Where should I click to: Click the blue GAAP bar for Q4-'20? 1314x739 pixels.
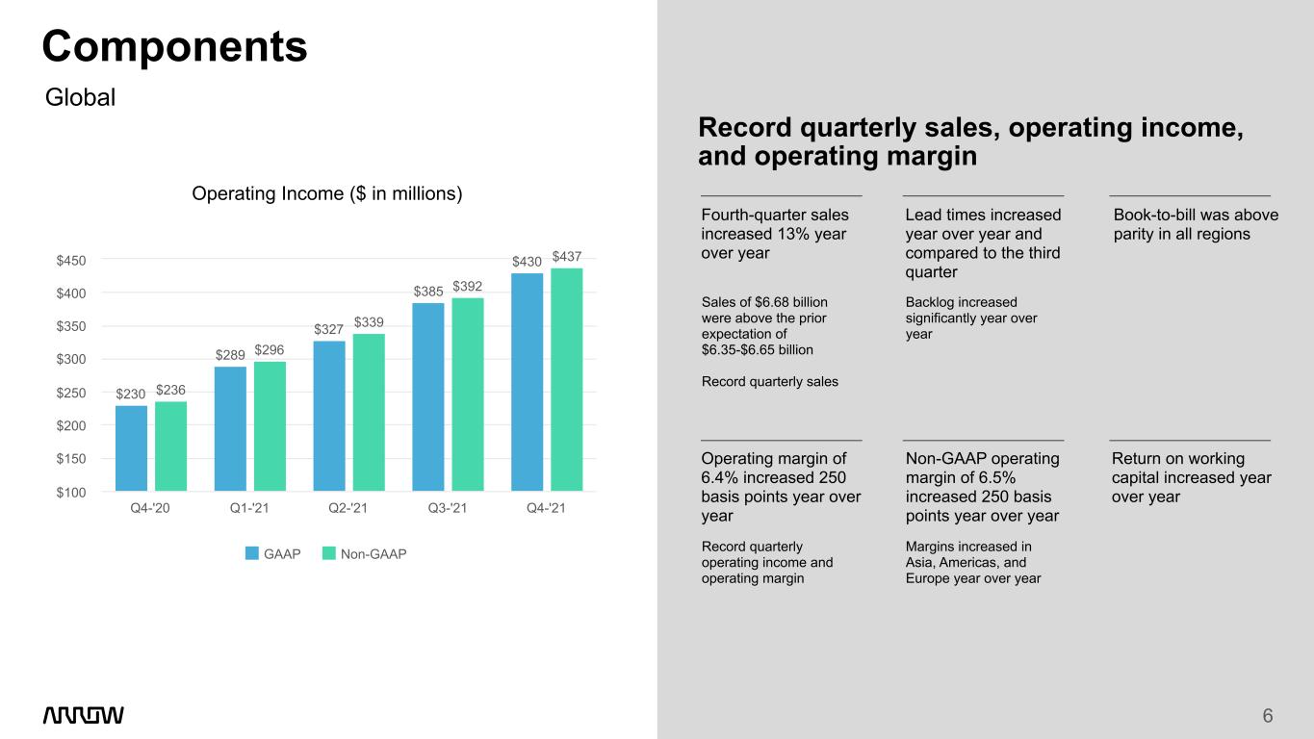[131, 448]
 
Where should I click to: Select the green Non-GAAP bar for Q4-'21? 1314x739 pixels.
[567, 379]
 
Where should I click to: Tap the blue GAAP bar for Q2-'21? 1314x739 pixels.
[329, 416]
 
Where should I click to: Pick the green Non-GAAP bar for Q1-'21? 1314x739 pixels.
[270, 426]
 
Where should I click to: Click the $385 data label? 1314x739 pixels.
[428, 292]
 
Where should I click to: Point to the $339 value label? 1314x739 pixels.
[369, 322]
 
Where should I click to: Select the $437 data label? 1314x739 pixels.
[567, 256]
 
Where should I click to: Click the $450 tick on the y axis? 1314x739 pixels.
[71, 261]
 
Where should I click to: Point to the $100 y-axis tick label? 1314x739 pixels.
[71, 493]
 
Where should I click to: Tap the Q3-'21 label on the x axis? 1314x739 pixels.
[447, 508]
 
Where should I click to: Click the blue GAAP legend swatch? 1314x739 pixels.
[251, 553]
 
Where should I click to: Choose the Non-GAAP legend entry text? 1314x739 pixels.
[374, 553]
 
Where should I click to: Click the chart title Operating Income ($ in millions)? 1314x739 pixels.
[326, 193]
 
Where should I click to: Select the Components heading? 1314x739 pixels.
[175, 46]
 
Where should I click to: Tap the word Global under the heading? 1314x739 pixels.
[80, 97]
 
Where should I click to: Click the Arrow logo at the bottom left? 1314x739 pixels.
[84, 715]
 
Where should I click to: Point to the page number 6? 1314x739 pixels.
[1268, 716]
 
